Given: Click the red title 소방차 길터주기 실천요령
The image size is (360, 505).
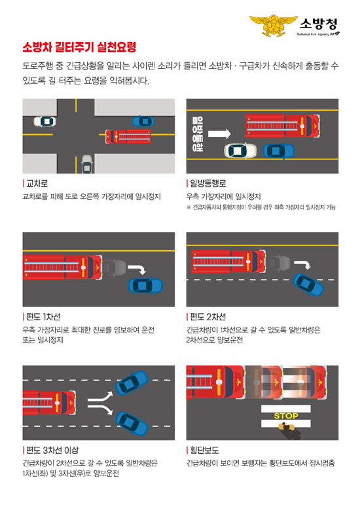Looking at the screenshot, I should (x=79, y=48).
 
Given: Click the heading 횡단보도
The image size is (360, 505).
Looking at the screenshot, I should (x=204, y=450).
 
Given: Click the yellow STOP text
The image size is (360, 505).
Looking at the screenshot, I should (x=286, y=416).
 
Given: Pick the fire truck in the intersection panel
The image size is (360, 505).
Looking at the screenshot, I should (x=128, y=136).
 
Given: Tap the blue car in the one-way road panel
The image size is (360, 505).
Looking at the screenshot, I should (x=279, y=151).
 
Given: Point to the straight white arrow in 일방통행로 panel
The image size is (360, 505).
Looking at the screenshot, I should (x=219, y=134).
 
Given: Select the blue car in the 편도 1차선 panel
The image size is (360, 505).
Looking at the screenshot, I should (x=145, y=286).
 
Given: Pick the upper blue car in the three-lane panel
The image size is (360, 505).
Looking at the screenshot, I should (x=132, y=382).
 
